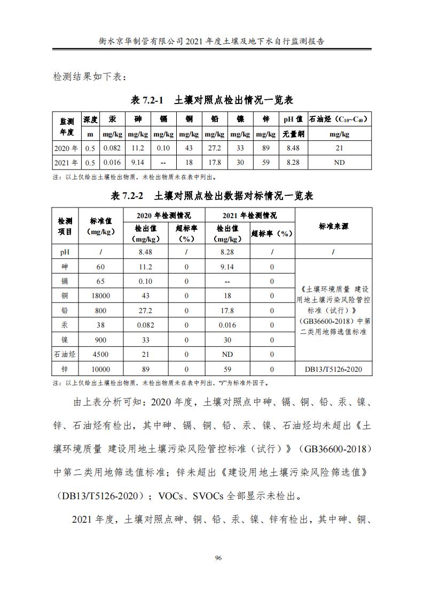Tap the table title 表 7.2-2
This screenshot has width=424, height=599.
tap(127, 196)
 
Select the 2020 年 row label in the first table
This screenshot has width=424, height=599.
tap(66, 148)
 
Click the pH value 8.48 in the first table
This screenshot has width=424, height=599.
tap(293, 148)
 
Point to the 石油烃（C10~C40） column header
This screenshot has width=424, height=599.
tap(339, 119)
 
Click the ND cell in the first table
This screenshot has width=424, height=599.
tap(339, 163)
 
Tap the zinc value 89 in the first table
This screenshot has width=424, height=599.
tap(266, 148)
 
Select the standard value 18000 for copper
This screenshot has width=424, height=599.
tap(101, 296)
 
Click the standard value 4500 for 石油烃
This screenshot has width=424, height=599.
tap(101, 354)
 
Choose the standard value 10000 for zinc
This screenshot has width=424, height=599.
tap(101, 369)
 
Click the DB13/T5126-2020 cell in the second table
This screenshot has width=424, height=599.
tap(333, 369)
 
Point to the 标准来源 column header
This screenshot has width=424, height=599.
tap(333, 227)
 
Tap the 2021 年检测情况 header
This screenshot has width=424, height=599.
tap(250, 215)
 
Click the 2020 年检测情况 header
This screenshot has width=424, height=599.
tap(164, 215)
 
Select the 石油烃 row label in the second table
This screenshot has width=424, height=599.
tap(66, 354)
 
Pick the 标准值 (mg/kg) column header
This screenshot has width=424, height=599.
tap(101, 226)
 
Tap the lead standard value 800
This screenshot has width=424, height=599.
tap(101, 310)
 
